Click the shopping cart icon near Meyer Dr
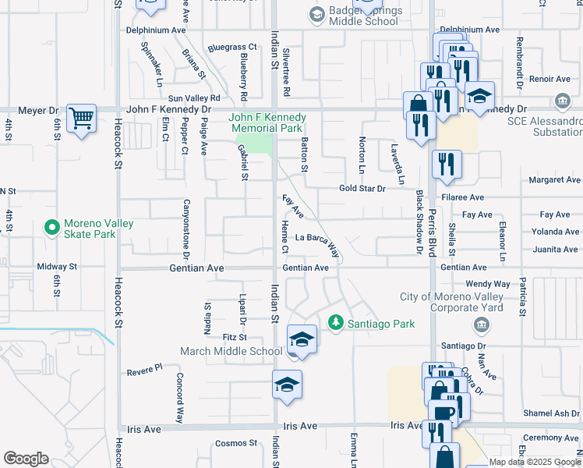click(81, 119)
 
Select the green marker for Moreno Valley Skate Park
click(52, 229)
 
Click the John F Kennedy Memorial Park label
click(267, 122)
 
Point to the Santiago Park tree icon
click(336, 321)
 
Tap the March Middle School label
click(231, 351)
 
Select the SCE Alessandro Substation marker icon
click(562, 101)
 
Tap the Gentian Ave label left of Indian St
click(196, 268)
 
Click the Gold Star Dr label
click(362, 189)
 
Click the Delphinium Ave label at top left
click(157, 30)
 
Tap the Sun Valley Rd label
click(194, 98)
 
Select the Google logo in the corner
click(25, 459)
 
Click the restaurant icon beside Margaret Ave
click(447, 164)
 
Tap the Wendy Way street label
click(487, 285)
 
